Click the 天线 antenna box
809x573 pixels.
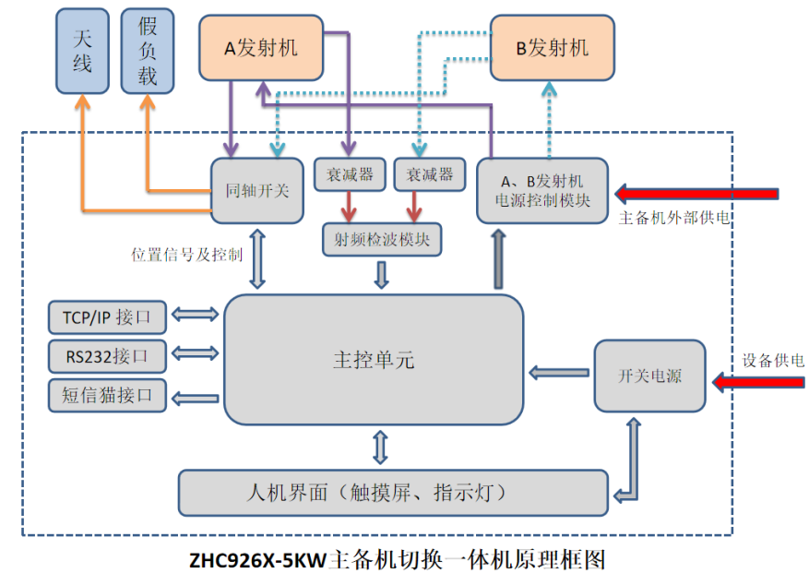click(82, 51)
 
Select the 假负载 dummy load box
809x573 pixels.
click(148, 51)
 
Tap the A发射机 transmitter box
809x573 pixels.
click(262, 48)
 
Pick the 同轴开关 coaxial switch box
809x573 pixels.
click(257, 191)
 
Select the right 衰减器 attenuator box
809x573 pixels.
click(429, 174)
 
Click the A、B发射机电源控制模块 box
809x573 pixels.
click(540, 189)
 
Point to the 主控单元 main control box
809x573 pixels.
click(374, 360)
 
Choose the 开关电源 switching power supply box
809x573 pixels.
click(649, 376)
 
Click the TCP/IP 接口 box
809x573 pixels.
click(108, 317)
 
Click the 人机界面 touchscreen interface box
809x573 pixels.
click(392, 492)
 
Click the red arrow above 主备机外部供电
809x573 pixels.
click(698, 194)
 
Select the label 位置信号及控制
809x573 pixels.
click(187, 254)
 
